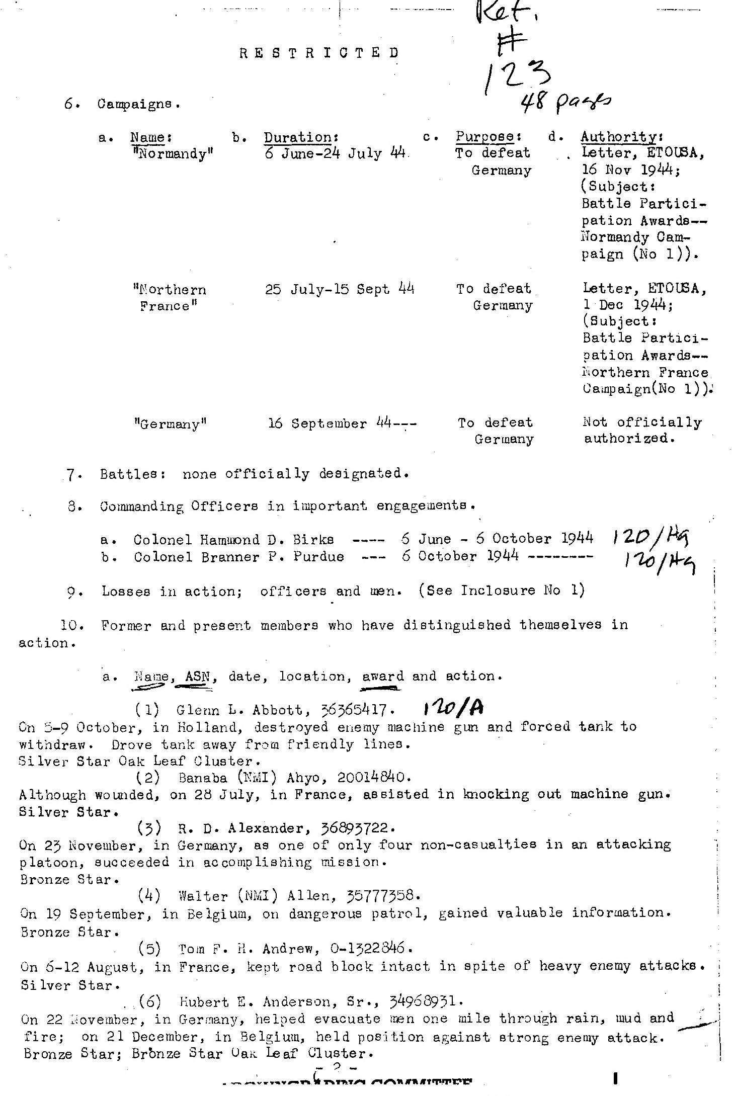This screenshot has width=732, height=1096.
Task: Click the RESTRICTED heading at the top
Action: point(319,53)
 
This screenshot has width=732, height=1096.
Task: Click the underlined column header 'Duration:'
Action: point(300,137)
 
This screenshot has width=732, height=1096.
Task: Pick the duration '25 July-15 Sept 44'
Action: point(340,289)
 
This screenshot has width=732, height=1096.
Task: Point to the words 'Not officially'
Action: point(642,423)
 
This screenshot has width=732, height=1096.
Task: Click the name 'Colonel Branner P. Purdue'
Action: point(239,557)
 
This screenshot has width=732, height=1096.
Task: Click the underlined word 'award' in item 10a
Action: point(383,677)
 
